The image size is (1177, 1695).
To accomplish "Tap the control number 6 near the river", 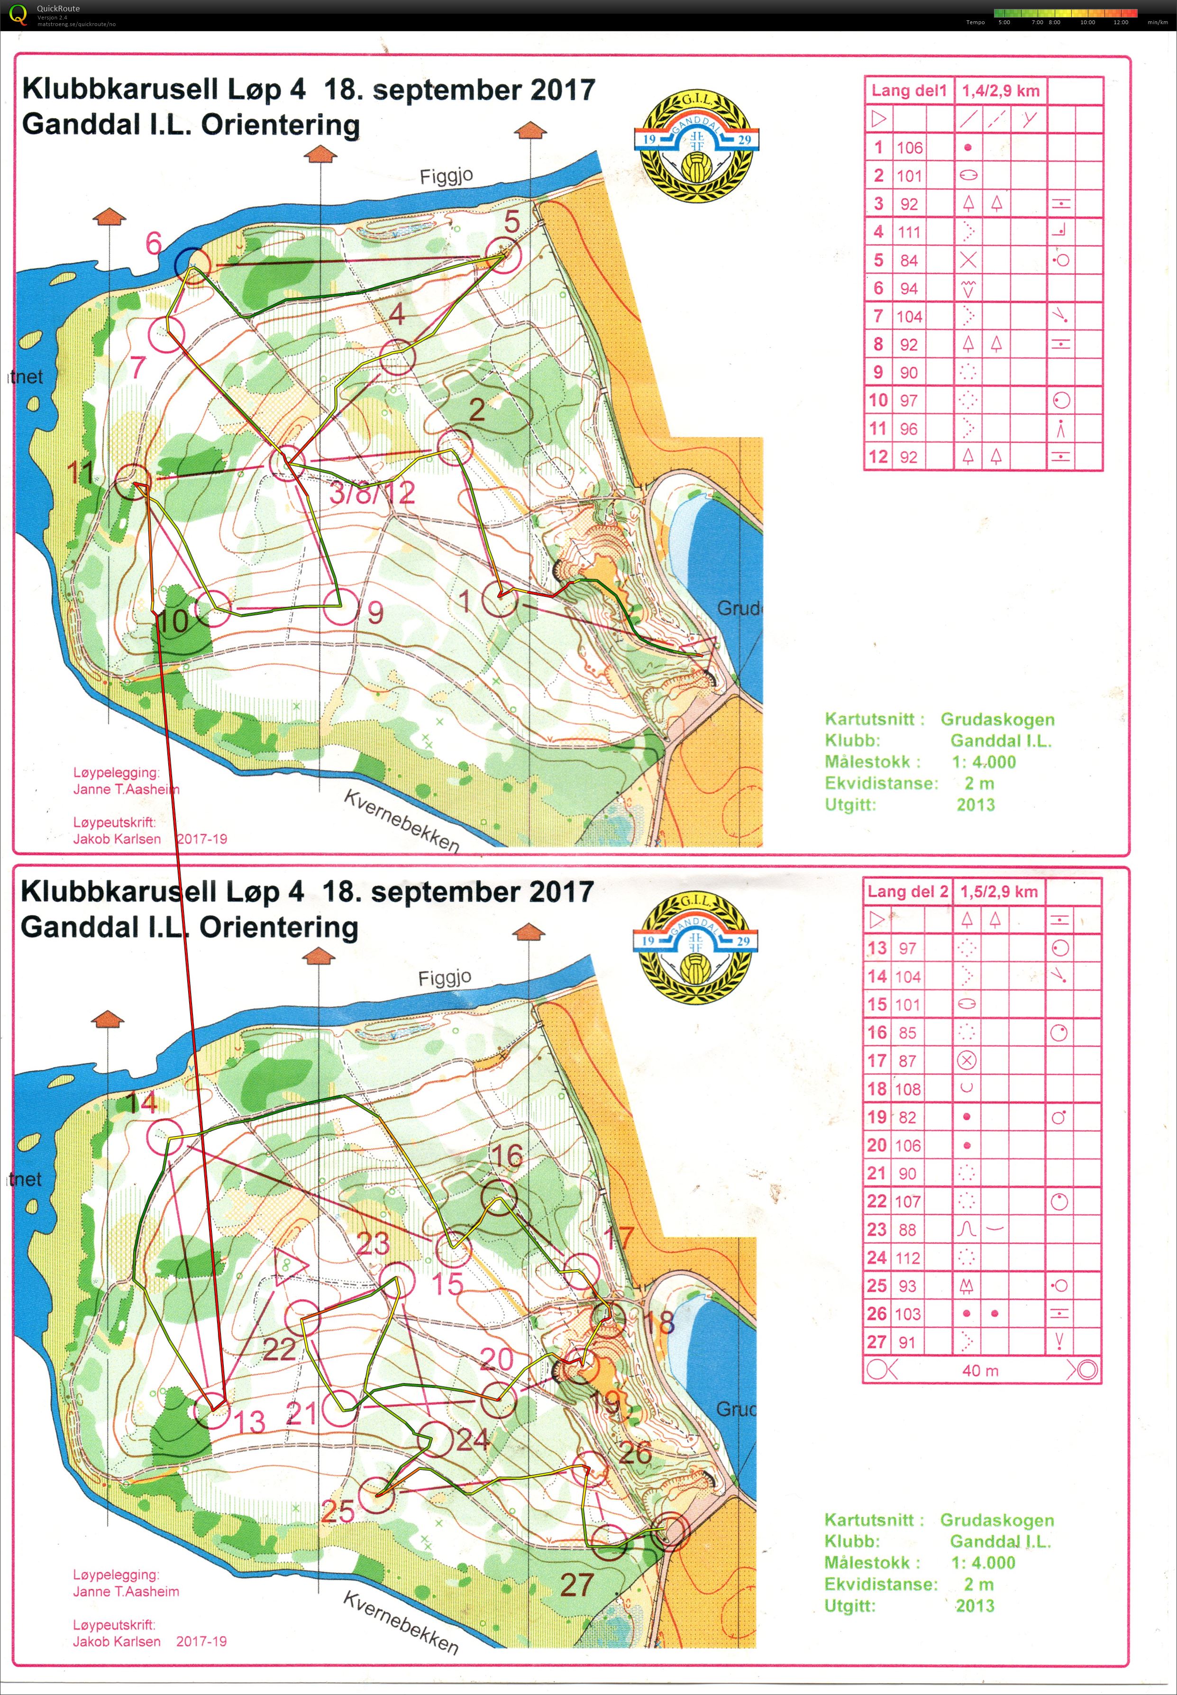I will tap(154, 243).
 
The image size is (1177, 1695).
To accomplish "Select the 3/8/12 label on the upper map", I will tap(373, 492).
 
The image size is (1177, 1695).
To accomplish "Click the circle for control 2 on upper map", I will tap(454, 447).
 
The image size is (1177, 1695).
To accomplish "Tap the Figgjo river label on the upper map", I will tap(446, 176).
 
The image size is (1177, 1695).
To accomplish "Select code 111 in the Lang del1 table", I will tap(909, 232).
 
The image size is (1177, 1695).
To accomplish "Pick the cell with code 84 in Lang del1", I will tap(909, 260).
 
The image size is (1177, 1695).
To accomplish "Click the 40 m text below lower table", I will tap(980, 1371).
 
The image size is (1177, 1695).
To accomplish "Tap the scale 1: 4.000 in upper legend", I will tap(983, 762).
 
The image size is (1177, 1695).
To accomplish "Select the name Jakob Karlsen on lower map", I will tap(117, 1641).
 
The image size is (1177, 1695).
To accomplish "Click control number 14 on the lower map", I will tap(142, 1103).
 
